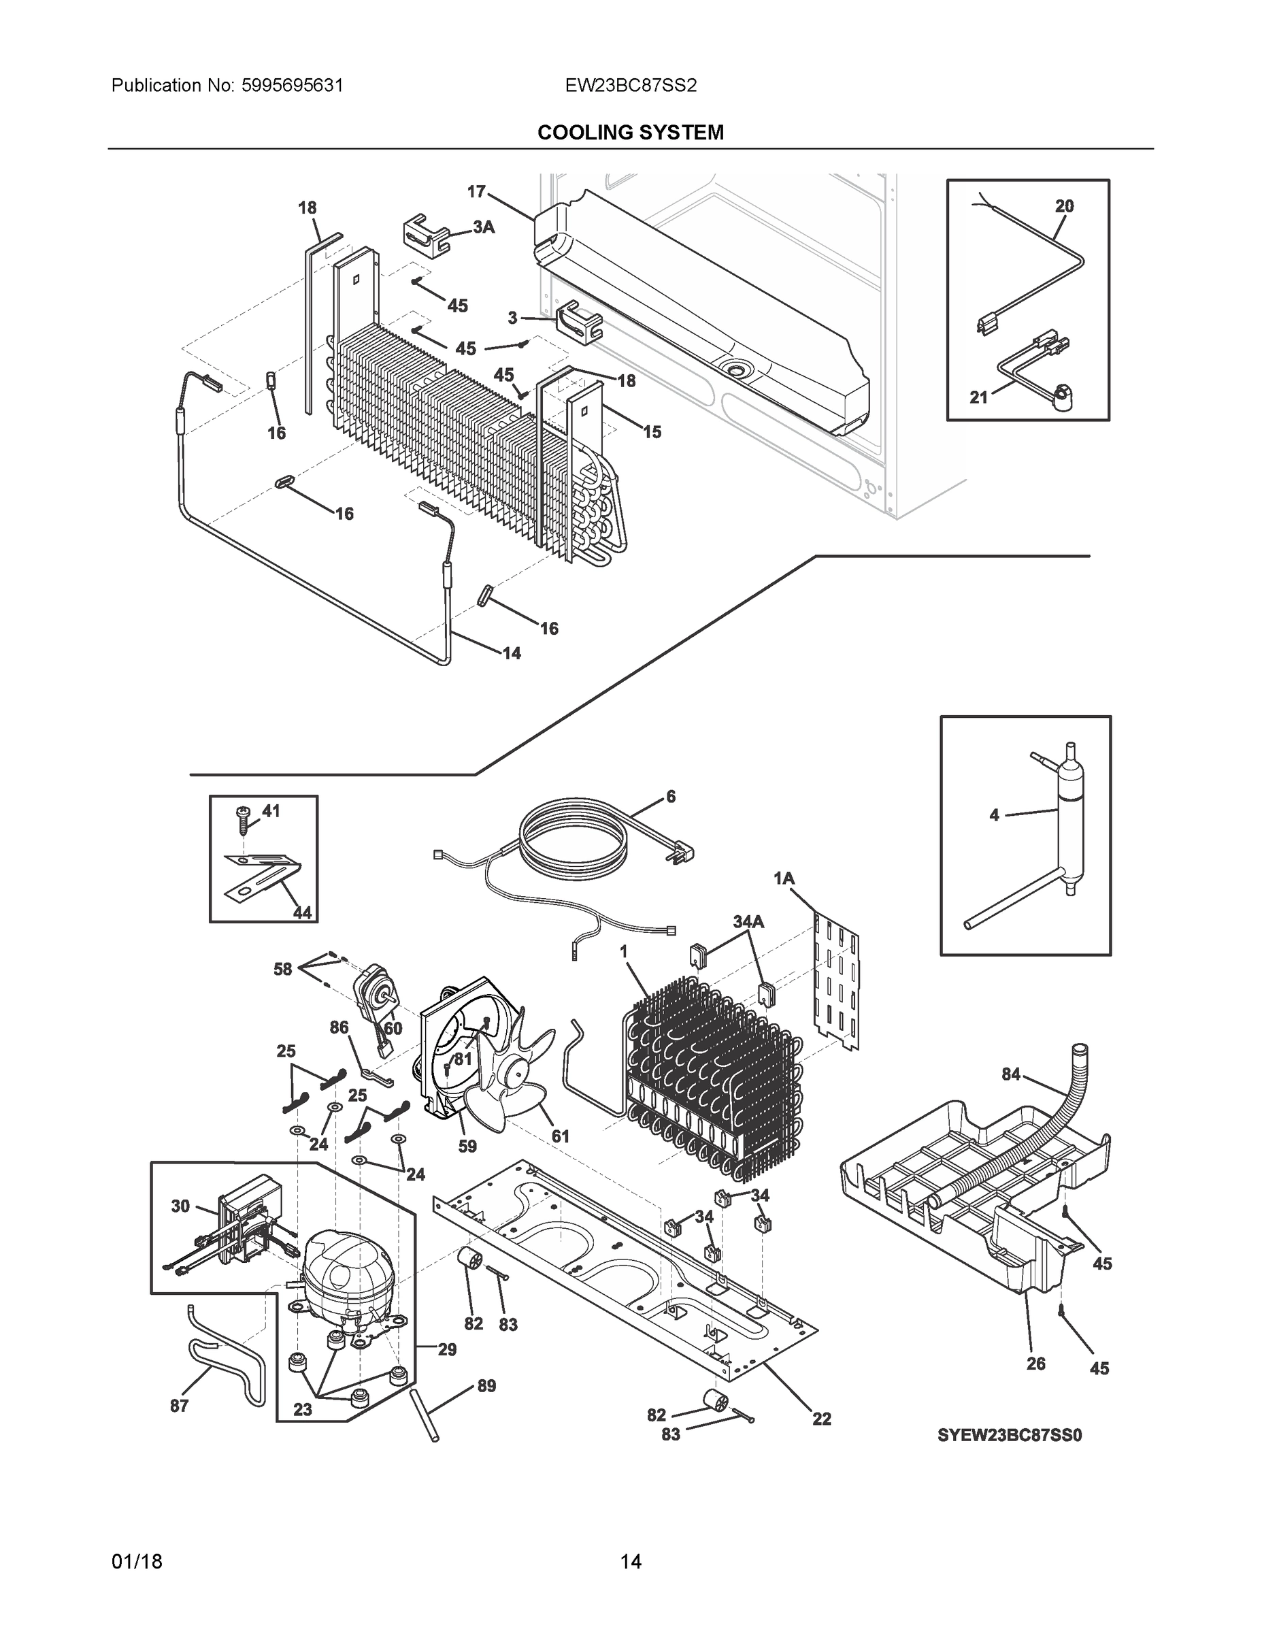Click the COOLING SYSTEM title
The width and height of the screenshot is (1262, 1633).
point(630,133)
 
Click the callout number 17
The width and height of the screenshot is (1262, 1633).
point(476,192)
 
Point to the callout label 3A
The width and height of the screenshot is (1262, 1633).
point(484,227)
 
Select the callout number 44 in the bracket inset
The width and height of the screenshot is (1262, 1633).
point(302,912)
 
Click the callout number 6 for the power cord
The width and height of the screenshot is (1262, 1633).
point(671,796)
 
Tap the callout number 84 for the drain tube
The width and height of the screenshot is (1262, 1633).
point(1011,1074)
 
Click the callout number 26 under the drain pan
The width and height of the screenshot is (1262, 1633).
point(1035,1363)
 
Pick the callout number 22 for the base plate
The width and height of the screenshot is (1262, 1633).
point(822,1419)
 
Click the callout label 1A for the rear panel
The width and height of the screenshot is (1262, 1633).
point(784,878)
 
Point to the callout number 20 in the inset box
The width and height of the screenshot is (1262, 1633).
point(1064,205)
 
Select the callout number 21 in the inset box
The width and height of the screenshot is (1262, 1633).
point(979,397)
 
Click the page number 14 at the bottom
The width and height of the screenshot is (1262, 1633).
point(630,1562)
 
